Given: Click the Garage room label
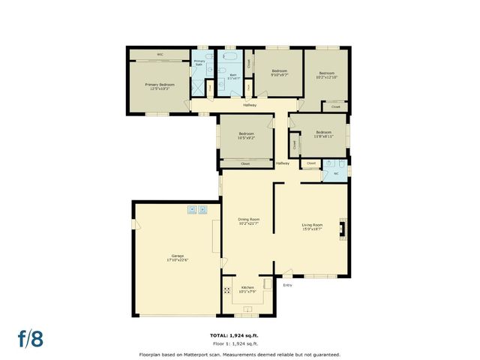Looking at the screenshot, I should click(x=177, y=257).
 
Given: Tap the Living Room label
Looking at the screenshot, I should click(x=312, y=226).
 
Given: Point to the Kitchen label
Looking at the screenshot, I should click(x=247, y=289).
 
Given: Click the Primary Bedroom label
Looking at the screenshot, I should click(x=160, y=85).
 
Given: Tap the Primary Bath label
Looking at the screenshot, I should click(x=199, y=63).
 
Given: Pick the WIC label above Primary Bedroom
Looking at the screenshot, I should click(x=160, y=55).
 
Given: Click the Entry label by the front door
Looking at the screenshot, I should click(x=287, y=285).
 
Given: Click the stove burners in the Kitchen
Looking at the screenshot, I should click(x=226, y=290).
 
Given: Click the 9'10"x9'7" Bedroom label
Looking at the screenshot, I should click(x=279, y=72).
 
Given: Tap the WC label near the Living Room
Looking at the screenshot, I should click(x=336, y=175).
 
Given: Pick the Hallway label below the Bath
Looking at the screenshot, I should click(x=250, y=105).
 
